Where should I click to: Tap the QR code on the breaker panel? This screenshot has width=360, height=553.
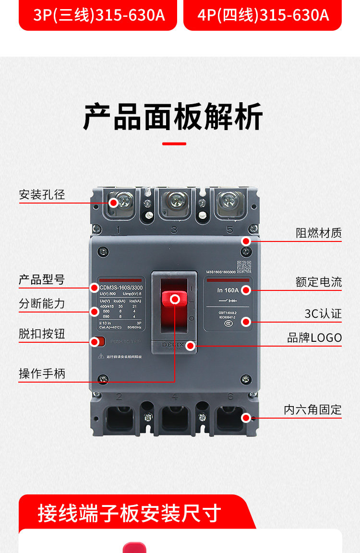(244, 266)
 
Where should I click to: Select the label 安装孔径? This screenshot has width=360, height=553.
(42, 194)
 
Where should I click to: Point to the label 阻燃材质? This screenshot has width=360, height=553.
(319, 233)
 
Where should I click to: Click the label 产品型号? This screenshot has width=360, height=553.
(42, 279)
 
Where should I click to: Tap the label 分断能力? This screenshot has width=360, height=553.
(42, 303)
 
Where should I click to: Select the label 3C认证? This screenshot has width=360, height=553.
(323, 313)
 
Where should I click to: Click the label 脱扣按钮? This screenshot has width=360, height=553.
(42, 334)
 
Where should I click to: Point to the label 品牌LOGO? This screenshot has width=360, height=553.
(315, 337)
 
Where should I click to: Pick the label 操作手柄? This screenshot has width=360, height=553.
(42, 373)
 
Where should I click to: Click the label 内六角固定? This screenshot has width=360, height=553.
(313, 409)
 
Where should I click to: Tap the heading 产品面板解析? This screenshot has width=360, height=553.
(173, 117)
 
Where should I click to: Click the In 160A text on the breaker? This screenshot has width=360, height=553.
(228, 290)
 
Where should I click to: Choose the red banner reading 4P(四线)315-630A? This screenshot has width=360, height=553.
(263, 15)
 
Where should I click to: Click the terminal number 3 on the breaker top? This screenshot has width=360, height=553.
(174, 229)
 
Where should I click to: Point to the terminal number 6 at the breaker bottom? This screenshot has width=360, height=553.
(230, 397)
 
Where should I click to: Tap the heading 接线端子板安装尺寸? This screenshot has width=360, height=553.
(130, 513)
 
